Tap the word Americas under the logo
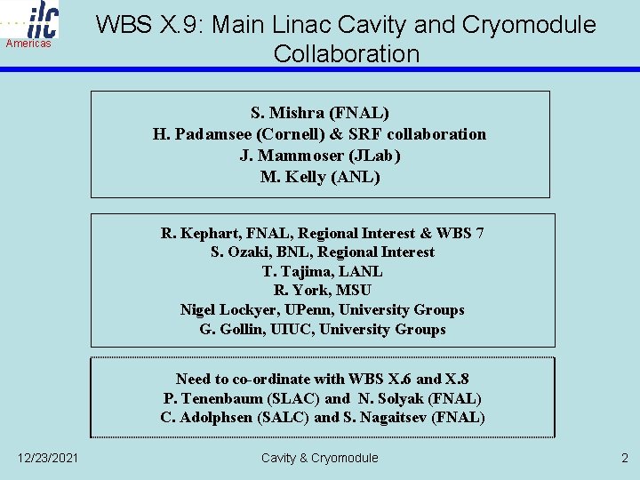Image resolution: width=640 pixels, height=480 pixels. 28,44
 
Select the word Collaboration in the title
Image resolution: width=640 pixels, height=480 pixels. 347,53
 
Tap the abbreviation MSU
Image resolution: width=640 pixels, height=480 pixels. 354,291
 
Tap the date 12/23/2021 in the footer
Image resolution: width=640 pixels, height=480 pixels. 47,458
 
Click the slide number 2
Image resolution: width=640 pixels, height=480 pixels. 623,458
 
